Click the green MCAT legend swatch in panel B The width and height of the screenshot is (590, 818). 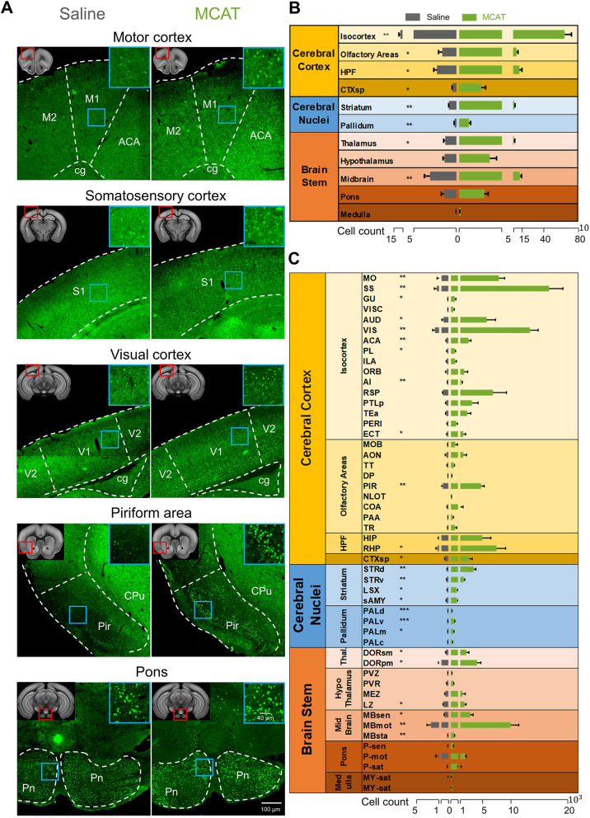(x=469, y=16)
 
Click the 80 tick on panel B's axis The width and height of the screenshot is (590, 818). (x=580, y=240)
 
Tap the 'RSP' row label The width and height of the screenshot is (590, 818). (x=370, y=393)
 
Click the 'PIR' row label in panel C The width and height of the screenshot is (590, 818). (x=369, y=486)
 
